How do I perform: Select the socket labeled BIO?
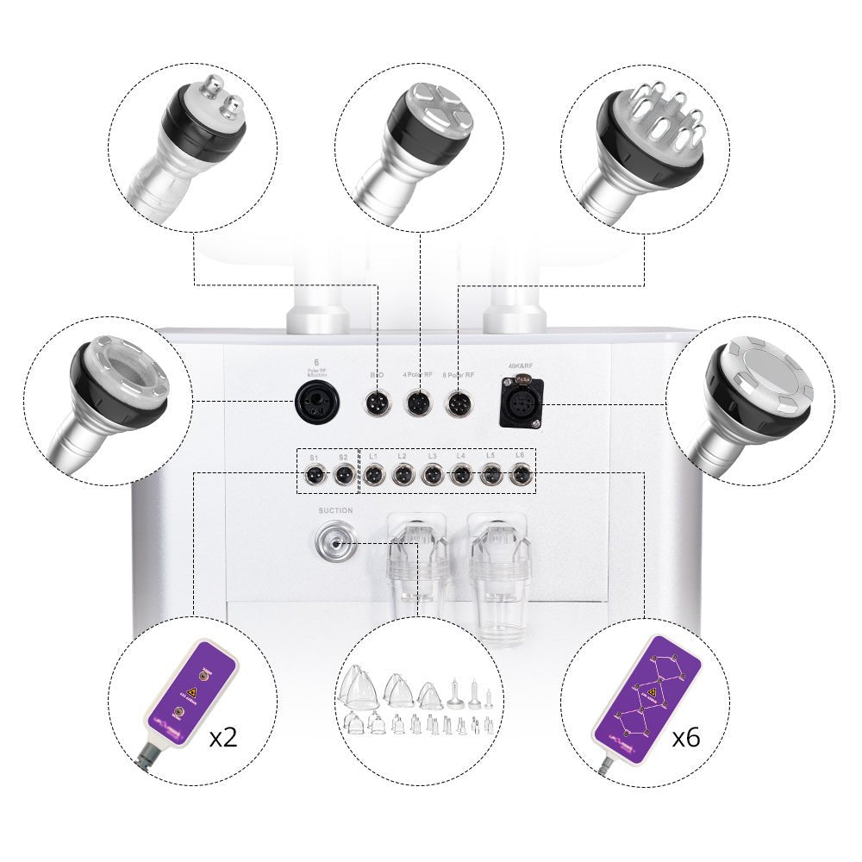[378, 403]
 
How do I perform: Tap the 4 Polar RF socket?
[418, 403]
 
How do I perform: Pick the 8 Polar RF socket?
[458, 403]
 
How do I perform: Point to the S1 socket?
[314, 474]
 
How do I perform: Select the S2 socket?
[342, 474]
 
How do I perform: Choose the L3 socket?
[432, 474]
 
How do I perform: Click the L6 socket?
[520, 474]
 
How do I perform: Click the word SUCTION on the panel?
[335, 510]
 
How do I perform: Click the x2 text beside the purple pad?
[224, 737]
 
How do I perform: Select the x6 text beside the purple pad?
[686, 737]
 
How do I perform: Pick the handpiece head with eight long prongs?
[659, 129]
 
